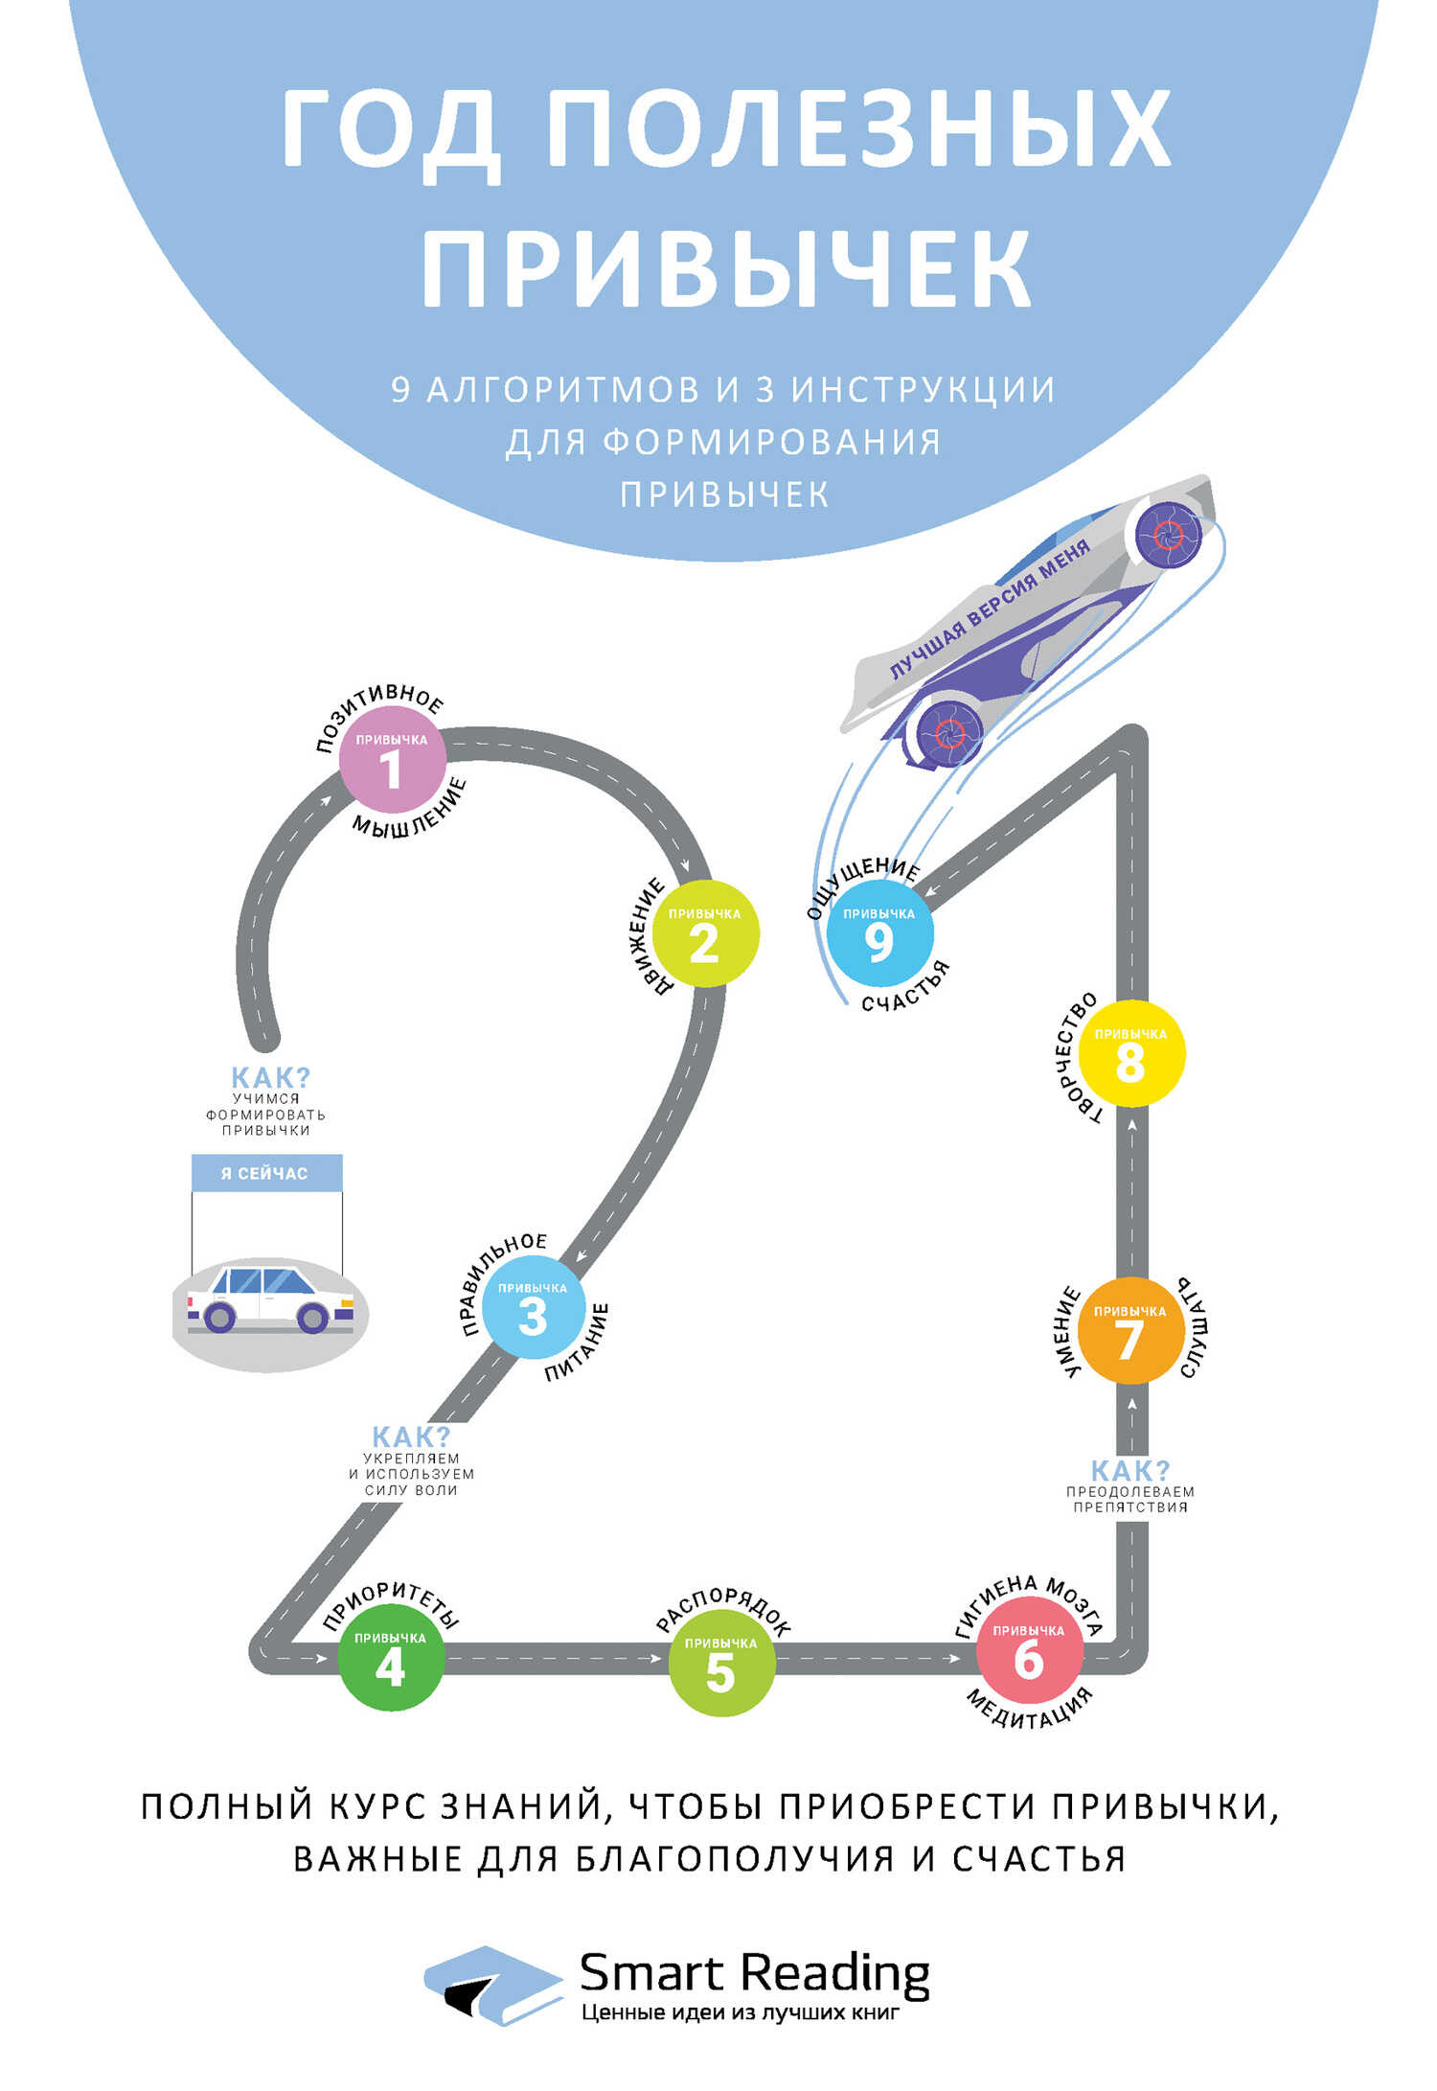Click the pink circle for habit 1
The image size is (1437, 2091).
click(393, 759)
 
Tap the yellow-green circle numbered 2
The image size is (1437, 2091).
click(705, 934)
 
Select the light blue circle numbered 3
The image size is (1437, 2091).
click(533, 1307)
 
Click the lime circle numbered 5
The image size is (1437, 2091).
click(720, 1664)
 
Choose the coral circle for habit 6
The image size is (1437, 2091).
click(1030, 1651)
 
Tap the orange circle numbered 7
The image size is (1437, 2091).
click(1130, 1330)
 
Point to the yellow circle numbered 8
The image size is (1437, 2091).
click(1131, 1054)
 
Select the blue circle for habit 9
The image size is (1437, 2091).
click(879, 933)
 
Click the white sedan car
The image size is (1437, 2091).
click(270, 1299)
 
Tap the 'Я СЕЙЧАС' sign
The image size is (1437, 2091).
click(266, 1173)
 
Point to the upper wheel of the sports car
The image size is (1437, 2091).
click(1169, 534)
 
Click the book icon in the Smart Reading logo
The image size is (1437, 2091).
click(493, 1984)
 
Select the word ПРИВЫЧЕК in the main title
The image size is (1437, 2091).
click(726, 268)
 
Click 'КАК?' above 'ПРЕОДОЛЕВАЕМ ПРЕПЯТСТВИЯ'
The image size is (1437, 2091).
click(1130, 1470)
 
